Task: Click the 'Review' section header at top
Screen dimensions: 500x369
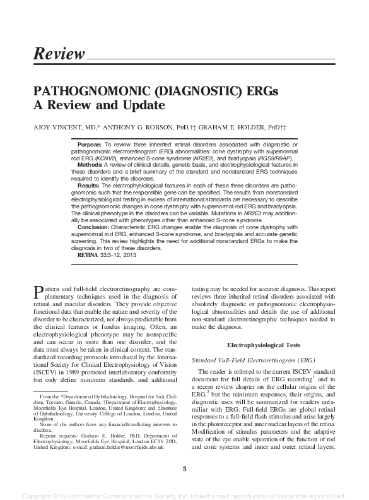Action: pos(58,54)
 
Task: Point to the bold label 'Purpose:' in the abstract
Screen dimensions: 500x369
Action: pos(91,145)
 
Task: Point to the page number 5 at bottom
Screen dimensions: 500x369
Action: pos(184,468)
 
